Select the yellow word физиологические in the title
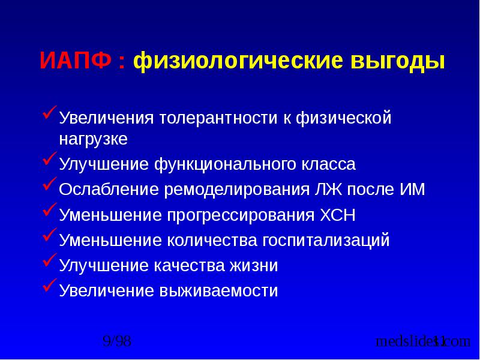pyautogui.click(x=236, y=62)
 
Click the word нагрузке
pyautogui.click(x=93, y=140)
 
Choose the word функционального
pyautogui.click(x=225, y=164)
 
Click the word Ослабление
pyautogui.click(x=107, y=190)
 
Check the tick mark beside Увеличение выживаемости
pyautogui.click(x=49, y=289)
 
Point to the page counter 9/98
pyautogui.click(x=117, y=342)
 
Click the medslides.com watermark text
pyautogui.click(x=423, y=342)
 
